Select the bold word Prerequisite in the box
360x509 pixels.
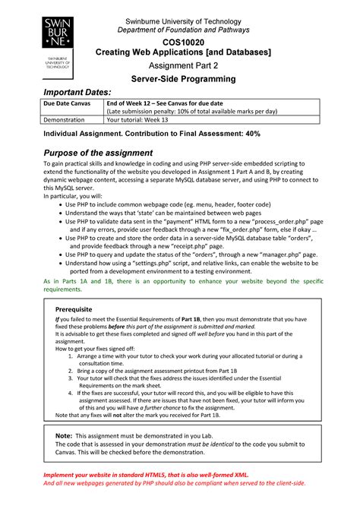point(74,310)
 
